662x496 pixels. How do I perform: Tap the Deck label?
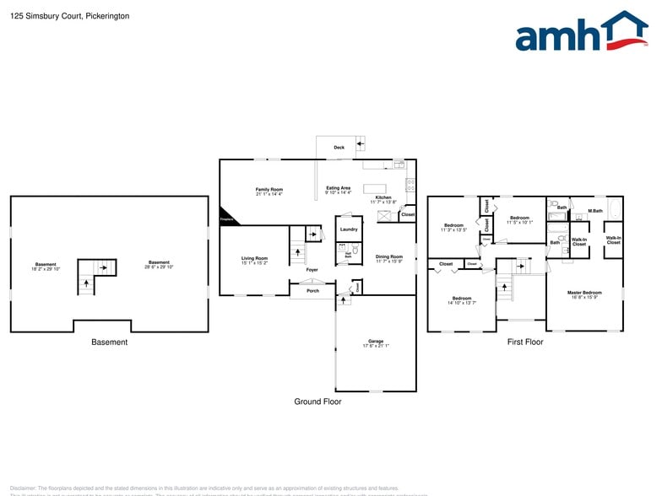click(x=339, y=148)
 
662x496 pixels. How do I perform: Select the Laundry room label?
click(x=349, y=229)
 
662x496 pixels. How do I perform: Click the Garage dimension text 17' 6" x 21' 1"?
click(x=376, y=345)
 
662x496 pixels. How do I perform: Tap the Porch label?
click(x=312, y=291)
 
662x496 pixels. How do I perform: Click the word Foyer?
click(x=312, y=270)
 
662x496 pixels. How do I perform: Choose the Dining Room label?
click(x=388, y=256)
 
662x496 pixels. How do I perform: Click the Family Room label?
click(x=269, y=189)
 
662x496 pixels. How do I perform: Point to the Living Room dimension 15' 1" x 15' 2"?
click(x=254, y=263)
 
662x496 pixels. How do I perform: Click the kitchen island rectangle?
click(x=375, y=188)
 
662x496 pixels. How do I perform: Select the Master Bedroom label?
click(x=584, y=293)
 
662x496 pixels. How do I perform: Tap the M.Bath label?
click(x=595, y=210)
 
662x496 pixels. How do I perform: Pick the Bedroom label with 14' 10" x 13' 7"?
click(x=462, y=298)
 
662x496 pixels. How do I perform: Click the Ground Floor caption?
click(x=317, y=402)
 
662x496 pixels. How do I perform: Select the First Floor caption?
click(x=524, y=342)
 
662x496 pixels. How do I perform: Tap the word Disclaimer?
click(x=23, y=488)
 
